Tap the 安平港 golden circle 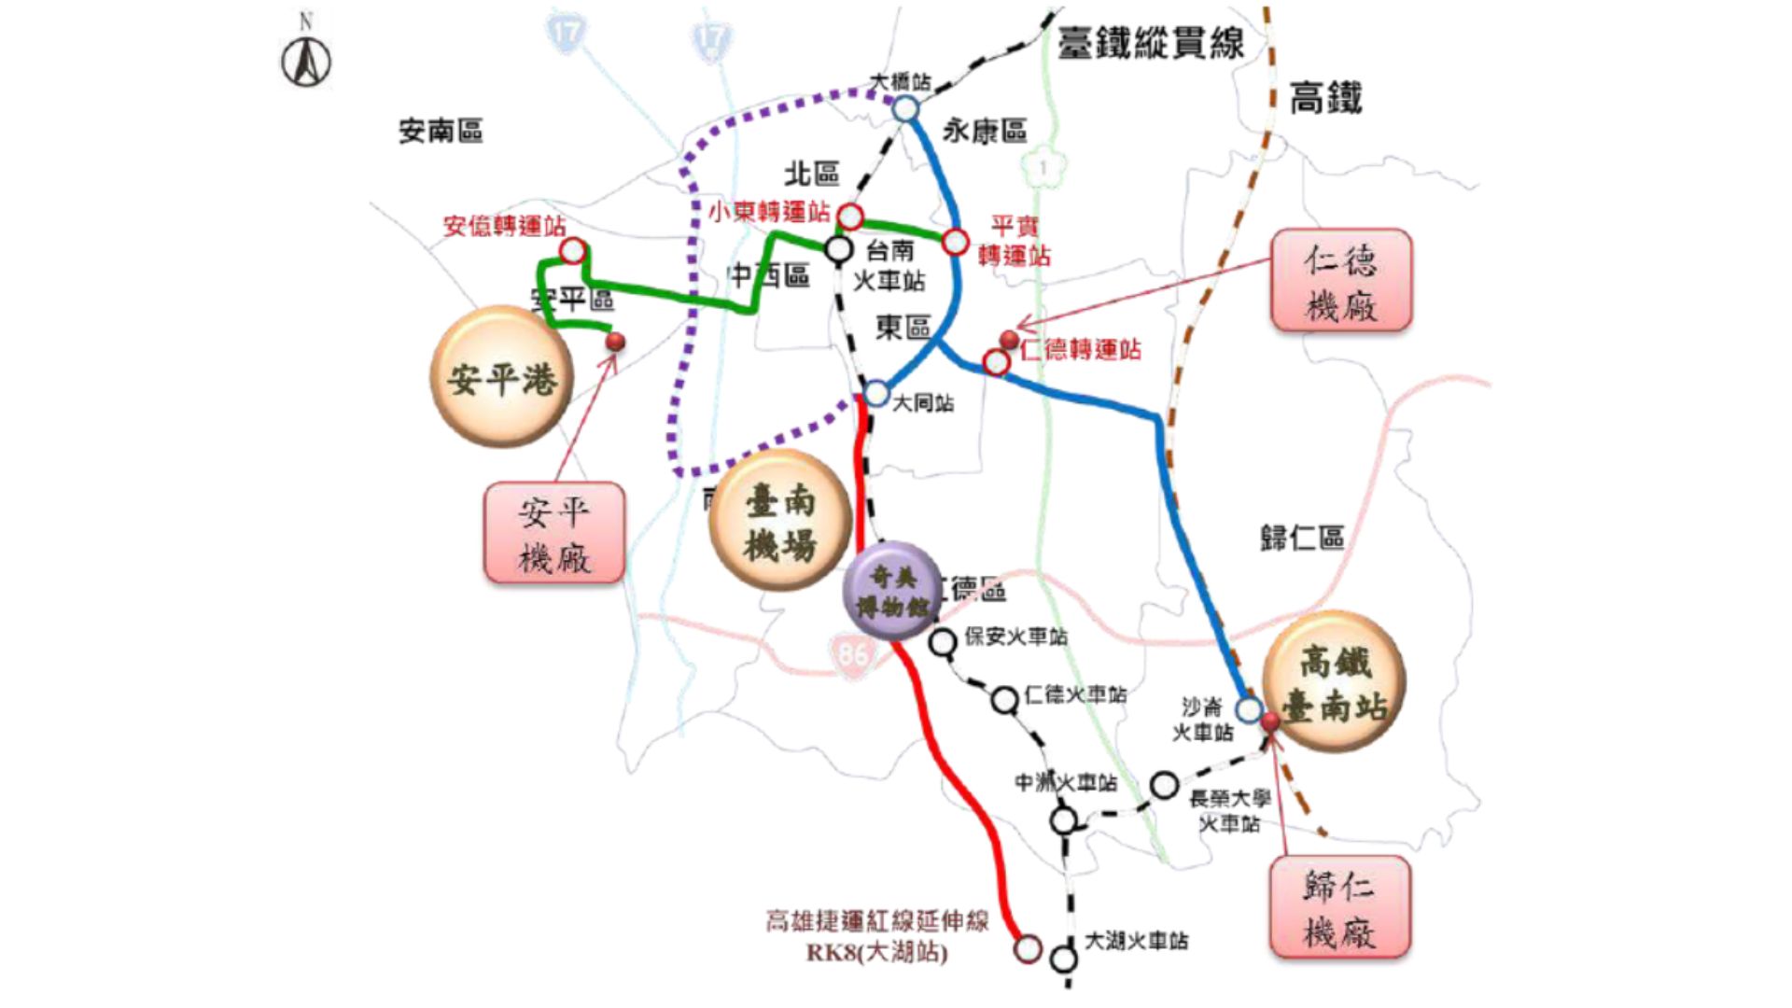point(502,377)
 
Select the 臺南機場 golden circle point(779,522)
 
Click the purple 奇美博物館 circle point(892,591)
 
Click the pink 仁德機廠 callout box point(1341,280)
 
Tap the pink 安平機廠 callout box point(554,533)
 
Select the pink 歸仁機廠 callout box point(1339,907)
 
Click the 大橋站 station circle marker point(905,109)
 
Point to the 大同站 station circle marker point(875,393)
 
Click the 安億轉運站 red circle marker point(573,250)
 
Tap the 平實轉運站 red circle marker point(955,242)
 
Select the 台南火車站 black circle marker point(839,249)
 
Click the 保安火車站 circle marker point(943,642)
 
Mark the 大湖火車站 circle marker point(1063,959)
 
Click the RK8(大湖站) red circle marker point(1028,949)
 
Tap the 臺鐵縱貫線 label point(1151,43)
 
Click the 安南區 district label point(441,131)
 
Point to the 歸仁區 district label point(1302,538)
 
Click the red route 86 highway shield point(852,654)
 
